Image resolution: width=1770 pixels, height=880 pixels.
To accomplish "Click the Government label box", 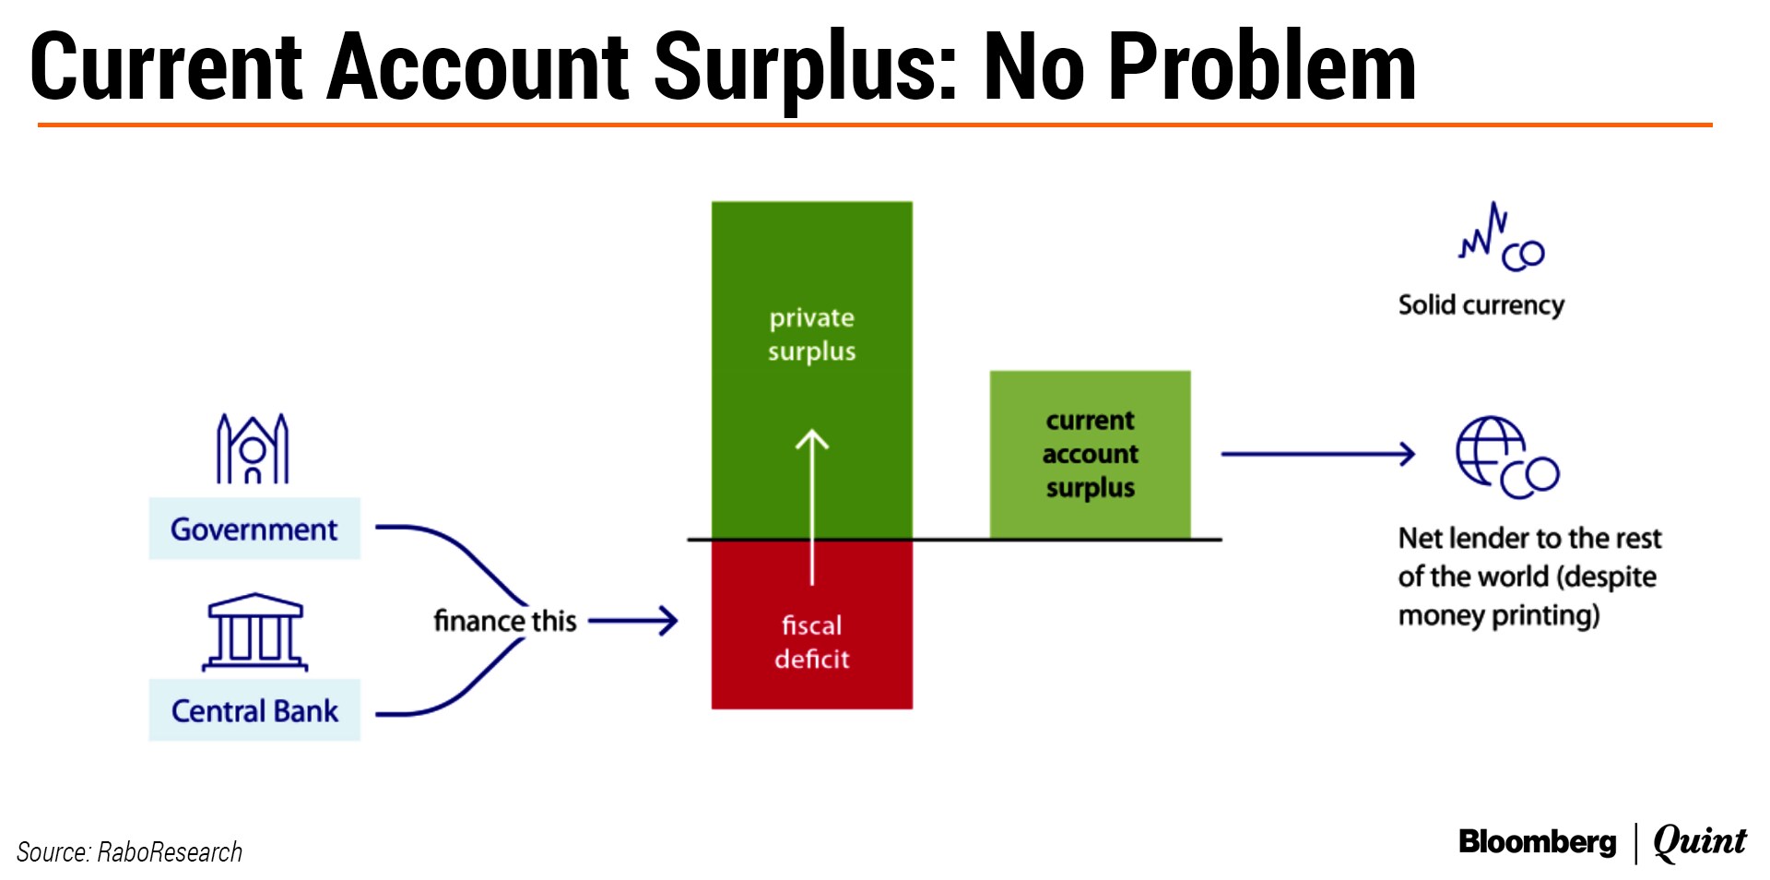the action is click(254, 529).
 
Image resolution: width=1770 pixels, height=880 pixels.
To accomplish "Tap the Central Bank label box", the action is click(254, 710).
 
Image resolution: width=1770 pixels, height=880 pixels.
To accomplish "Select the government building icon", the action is click(253, 448).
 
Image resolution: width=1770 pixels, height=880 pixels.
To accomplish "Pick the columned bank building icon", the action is click(254, 632).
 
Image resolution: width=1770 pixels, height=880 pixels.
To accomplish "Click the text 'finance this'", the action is click(505, 621).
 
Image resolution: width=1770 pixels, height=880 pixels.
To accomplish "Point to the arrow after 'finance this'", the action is click(632, 621).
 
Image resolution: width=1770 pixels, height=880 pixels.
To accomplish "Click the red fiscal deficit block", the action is click(812, 624).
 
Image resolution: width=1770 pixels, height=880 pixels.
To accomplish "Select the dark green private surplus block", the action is click(812, 370).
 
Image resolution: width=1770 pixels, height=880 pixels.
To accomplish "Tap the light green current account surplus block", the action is click(1090, 454).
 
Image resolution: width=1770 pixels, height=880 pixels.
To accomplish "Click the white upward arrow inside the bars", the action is click(812, 507).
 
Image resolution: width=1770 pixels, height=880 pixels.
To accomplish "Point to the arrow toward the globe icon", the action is click(1317, 454).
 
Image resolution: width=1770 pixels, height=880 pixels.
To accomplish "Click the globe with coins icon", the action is click(1507, 458).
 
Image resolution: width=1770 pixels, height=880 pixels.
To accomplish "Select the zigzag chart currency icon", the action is click(1501, 237).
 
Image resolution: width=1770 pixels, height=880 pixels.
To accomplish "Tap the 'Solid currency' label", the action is click(1481, 305).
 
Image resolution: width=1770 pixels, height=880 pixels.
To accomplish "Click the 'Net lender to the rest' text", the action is click(1529, 538).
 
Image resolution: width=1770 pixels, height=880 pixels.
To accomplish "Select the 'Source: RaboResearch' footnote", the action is click(129, 851).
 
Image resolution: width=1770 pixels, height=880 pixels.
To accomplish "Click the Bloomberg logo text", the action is click(1537, 842).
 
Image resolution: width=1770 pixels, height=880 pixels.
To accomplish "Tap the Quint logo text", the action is click(1700, 841).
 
